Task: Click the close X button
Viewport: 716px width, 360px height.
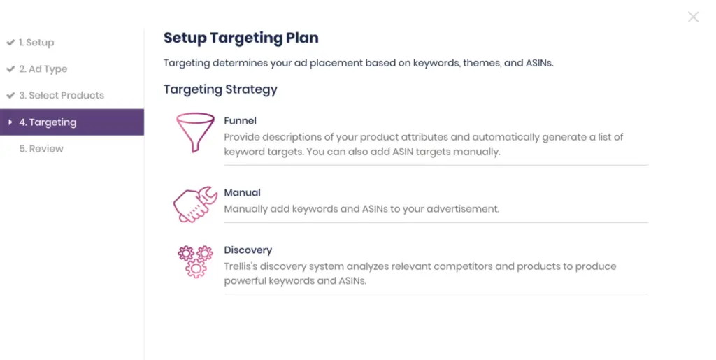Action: click(x=693, y=17)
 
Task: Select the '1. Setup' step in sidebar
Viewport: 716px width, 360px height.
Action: click(x=36, y=43)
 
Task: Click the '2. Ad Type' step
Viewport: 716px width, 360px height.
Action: click(x=43, y=69)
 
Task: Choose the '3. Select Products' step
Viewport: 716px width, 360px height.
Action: click(x=62, y=95)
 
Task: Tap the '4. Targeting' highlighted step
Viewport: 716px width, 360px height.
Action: click(x=72, y=122)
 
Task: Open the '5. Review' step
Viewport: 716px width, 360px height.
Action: click(x=41, y=149)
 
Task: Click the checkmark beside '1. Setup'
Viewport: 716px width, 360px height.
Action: click(x=10, y=43)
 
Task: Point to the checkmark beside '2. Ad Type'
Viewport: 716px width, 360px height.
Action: click(x=10, y=69)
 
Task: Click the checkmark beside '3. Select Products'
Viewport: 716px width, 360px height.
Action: click(x=10, y=95)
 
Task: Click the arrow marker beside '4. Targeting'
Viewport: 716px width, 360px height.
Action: click(x=10, y=122)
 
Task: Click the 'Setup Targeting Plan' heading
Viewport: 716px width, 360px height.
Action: click(x=241, y=38)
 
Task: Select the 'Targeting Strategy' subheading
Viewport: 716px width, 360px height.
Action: click(x=220, y=89)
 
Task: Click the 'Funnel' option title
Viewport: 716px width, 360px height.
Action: click(x=241, y=120)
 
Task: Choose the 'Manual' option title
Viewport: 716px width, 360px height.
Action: click(x=242, y=192)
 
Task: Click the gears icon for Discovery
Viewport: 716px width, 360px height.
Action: click(x=196, y=261)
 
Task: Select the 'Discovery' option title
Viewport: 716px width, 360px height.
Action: click(x=248, y=250)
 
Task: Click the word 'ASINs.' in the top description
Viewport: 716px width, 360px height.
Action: click(x=539, y=63)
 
